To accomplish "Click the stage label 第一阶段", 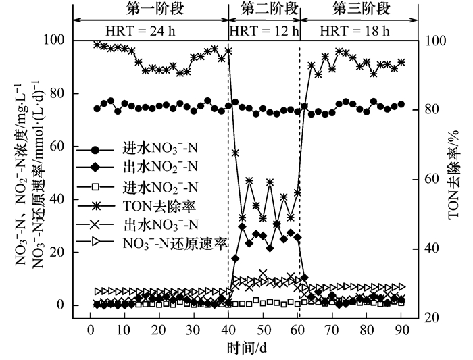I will [x=151, y=9].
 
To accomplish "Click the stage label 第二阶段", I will [x=264, y=9].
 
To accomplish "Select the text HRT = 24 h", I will [x=150, y=31].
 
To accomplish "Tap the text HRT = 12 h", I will [x=264, y=31].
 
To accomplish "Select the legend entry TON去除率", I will [x=155, y=205].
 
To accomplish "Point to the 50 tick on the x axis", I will [x=263, y=330].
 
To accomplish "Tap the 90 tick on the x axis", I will [x=401, y=330].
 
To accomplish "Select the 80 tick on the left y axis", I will [x=59, y=94].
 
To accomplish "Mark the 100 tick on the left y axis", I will [x=57, y=41].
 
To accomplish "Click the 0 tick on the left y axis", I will [x=63, y=305].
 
